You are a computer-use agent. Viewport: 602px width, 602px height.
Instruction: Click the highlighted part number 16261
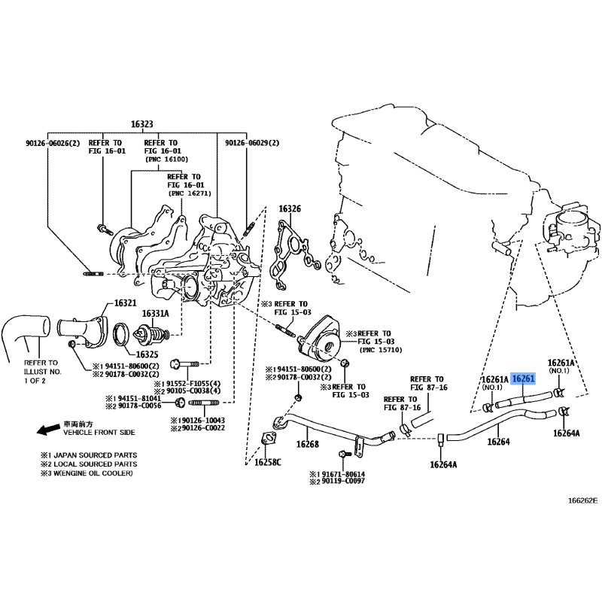pyautogui.click(x=523, y=379)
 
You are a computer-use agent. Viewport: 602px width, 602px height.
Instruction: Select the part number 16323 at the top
pyautogui.click(x=142, y=124)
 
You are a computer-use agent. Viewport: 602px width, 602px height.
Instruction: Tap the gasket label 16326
pyautogui.click(x=290, y=209)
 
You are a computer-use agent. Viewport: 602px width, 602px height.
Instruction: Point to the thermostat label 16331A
pyautogui.click(x=156, y=314)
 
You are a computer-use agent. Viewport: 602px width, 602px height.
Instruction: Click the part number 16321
pyautogui.click(x=125, y=303)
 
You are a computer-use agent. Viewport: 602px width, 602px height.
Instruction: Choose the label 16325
pyautogui.click(x=147, y=354)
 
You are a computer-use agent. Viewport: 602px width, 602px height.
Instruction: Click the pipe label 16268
pyautogui.click(x=308, y=444)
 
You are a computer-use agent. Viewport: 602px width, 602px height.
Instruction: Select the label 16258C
pyautogui.click(x=268, y=462)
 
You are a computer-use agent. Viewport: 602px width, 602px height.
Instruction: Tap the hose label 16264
pyautogui.click(x=498, y=442)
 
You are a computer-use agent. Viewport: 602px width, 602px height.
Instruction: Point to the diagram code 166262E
pyautogui.click(x=583, y=500)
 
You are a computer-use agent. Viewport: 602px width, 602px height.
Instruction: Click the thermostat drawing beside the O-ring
pyautogui.click(x=151, y=334)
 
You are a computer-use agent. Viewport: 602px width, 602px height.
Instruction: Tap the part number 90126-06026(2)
pyautogui.click(x=53, y=143)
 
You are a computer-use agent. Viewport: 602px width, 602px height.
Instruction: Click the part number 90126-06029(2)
pyautogui.click(x=252, y=143)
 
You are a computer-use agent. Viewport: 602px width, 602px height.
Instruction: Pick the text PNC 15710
pyautogui.click(x=381, y=350)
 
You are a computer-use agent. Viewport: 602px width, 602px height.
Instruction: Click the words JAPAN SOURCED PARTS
pyautogui.click(x=96, y=455)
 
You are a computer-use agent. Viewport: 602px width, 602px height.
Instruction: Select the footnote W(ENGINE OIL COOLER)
pyautogui.click(x=93, y=473)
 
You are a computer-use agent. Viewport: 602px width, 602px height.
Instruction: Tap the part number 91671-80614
pyautogui.click(x=343, y=475)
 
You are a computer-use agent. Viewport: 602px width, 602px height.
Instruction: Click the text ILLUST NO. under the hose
pyautogui.click(x=43, y=372)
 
